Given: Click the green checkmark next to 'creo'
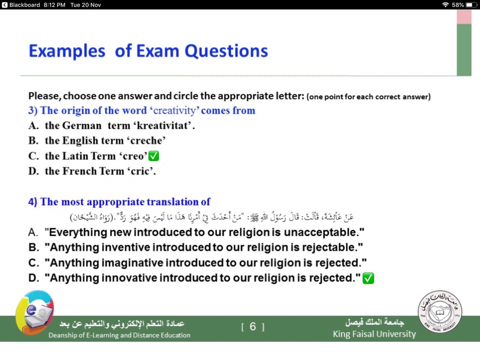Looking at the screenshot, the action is tap(153, 156).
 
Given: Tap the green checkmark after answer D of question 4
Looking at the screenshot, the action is tap(368, 278).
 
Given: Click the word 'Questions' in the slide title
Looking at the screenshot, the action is tap(226, 51).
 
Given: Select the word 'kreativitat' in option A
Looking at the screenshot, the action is tap(164, 126).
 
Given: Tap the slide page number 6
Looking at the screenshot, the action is tap(253, 327).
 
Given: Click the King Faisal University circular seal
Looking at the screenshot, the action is tap(440, 312).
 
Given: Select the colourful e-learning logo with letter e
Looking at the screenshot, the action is tap(34, 312).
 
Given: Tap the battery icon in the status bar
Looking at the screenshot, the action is tap(472, 5).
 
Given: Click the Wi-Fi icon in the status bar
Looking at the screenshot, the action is tap(445, 5).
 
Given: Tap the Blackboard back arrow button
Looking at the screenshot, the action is tap(4, 5).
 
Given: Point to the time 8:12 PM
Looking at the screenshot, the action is tap(54, 5).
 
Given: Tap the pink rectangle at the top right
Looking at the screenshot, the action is tap(464, 16).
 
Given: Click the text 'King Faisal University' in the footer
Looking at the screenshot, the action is tap(374, 334).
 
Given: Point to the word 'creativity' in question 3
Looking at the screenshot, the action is tap(174, 111).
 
